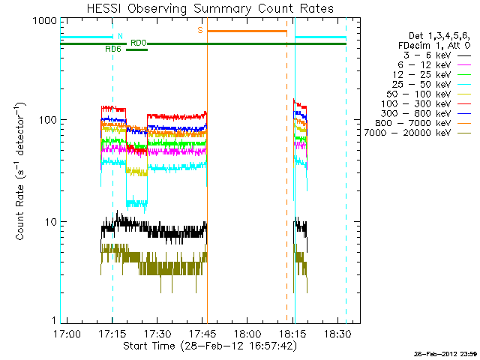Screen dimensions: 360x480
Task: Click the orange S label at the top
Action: click(x=200, y=30)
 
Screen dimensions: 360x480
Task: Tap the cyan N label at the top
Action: click(x=120, y=35)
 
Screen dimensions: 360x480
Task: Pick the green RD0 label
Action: click(x=139, y=43)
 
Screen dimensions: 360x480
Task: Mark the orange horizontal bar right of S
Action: click(x=247, y=31)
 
